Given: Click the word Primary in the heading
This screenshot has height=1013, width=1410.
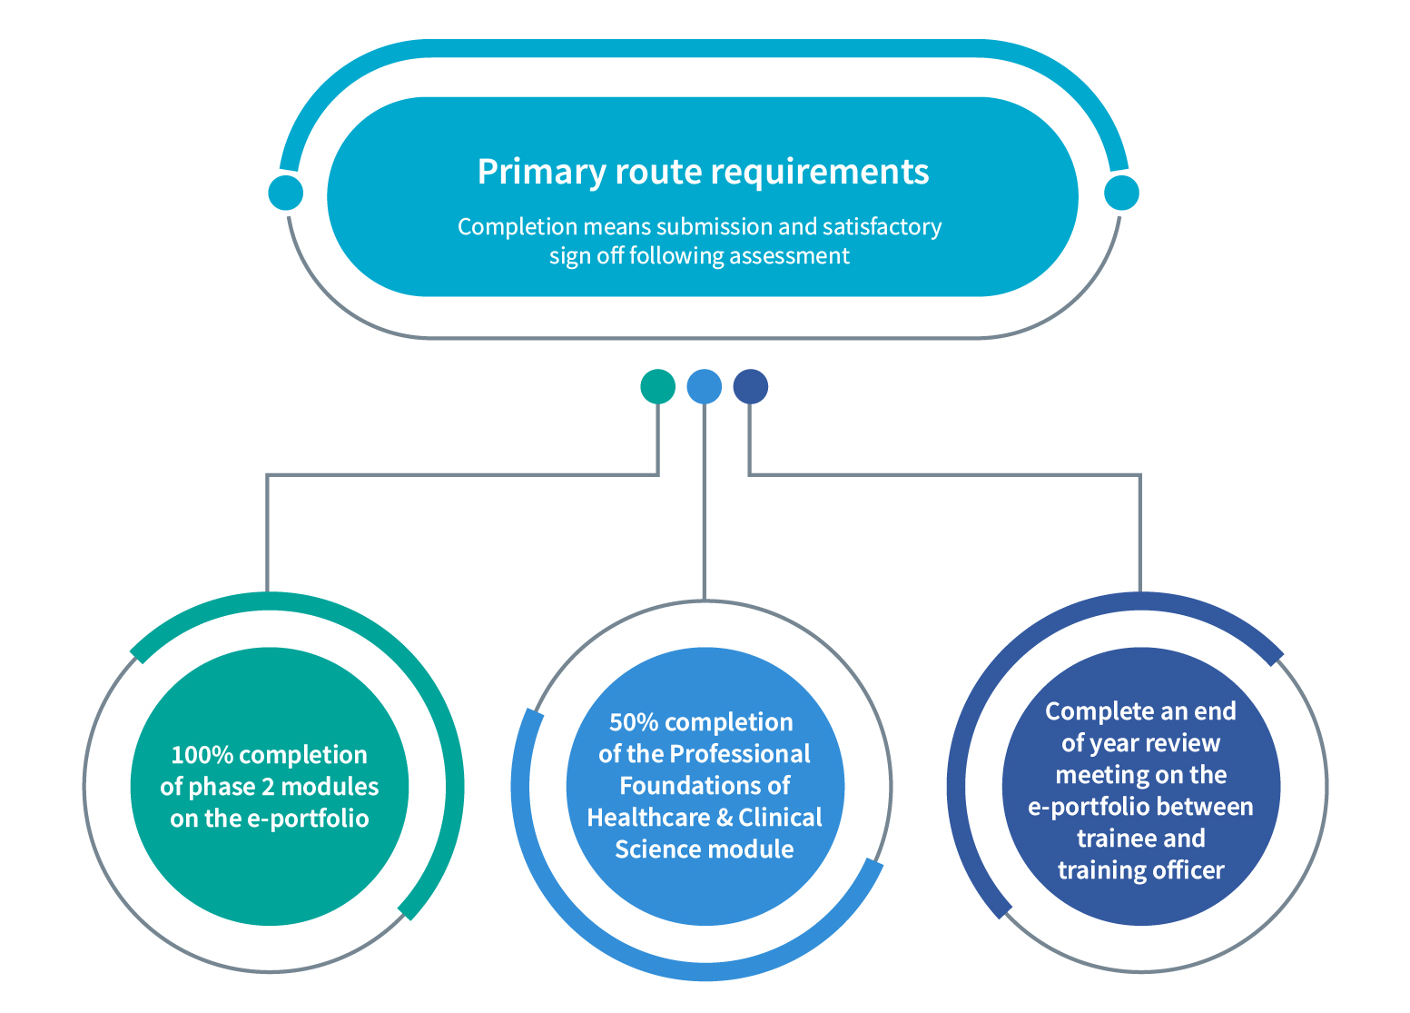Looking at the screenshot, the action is coord(541,172).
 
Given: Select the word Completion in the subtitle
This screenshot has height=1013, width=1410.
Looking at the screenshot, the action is coord(508,227).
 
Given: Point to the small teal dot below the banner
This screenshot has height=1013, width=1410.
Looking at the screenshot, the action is coord(658,386).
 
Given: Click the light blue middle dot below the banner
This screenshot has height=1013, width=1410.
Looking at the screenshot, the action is coord(705,386).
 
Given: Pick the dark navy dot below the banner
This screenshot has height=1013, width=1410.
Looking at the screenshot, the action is coord(751,386).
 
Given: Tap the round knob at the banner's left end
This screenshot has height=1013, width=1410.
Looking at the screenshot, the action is coord(286,193).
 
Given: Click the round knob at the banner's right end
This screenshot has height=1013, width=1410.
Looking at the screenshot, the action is coord(1121,193).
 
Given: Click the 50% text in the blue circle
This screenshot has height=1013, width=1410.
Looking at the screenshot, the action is coord(633,722).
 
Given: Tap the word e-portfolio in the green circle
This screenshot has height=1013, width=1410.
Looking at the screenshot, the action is coord(308,819).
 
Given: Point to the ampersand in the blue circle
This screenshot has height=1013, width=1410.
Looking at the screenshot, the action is coord(725,817).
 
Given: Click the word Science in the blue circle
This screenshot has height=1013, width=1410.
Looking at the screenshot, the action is coord(655,849).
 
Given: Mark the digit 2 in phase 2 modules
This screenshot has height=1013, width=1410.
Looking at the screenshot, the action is coord(268,787).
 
